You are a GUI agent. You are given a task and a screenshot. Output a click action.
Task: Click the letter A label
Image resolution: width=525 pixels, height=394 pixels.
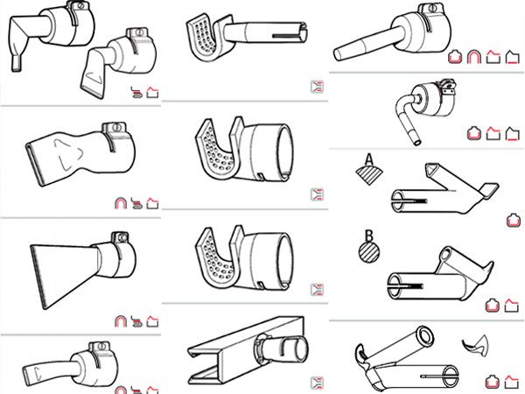click(x=368, y=159)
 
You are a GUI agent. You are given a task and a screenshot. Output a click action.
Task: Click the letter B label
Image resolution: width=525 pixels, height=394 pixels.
click(x=368, y=236)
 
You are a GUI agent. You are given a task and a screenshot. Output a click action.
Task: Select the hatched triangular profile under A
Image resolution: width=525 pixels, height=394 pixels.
click(x=368, y=175)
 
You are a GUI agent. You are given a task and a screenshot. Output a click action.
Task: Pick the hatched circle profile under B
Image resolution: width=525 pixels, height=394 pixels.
click(x=369, y=252)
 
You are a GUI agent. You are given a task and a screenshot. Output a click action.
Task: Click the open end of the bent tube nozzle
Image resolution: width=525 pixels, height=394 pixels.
click(x=416, y=142)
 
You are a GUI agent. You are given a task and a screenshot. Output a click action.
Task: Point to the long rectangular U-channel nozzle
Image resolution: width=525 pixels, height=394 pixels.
click(x=246, y=350)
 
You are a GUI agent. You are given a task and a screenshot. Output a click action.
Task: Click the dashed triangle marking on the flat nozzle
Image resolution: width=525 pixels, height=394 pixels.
click(x=68, y=154)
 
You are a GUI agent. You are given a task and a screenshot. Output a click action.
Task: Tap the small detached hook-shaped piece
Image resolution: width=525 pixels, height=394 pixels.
click(x=477, y=346)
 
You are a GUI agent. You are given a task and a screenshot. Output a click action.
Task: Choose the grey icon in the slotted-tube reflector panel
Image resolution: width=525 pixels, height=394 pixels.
click(x=317, y=87)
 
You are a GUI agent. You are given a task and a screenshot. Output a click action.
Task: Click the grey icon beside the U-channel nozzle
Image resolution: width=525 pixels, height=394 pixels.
click(x=317, y=383)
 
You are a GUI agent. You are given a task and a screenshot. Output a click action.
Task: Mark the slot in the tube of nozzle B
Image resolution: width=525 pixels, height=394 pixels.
click(x=406, y=287)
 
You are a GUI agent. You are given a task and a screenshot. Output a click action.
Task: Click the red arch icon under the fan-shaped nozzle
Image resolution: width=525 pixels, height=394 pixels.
click(x=121, y=321)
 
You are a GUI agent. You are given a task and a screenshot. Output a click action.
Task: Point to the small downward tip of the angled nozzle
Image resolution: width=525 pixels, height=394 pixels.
click(x=16, y=64)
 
